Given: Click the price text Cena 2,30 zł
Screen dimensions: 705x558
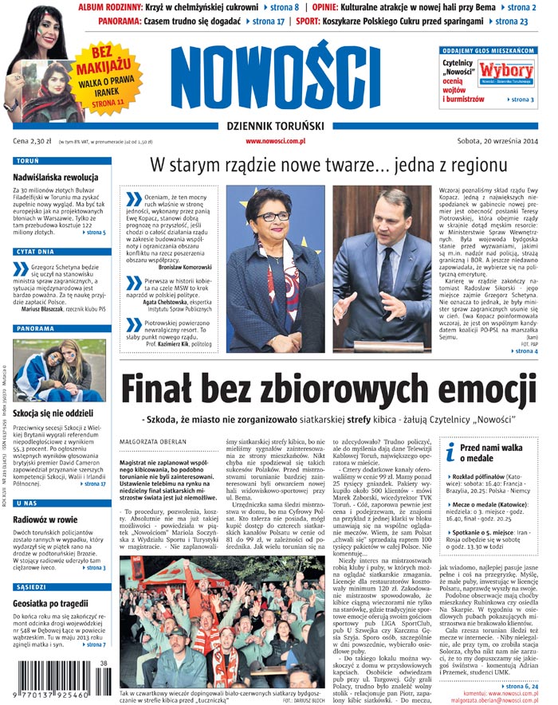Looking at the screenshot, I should point(31,141).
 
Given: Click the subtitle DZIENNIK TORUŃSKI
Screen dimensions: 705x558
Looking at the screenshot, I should point(279,126).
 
